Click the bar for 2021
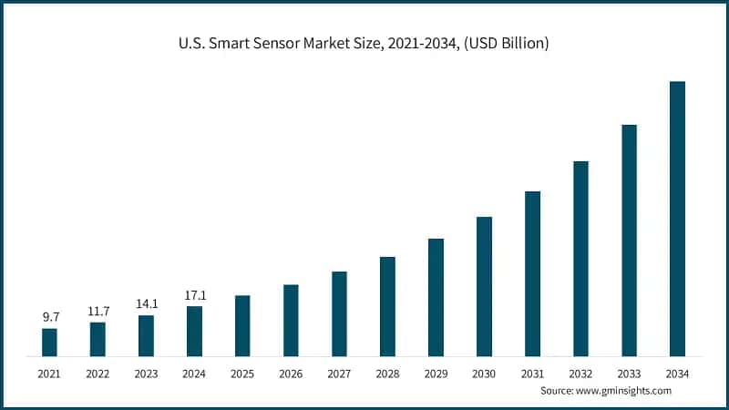click(x=49, y=342)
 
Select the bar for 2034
click(x=677, y=219)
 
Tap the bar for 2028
click(x=387, y=306)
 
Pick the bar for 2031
click(x=532, y=273)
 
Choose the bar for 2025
click(x=242, y=325)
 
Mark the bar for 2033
click(x=629, y=240)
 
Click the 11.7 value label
click(x=98, y=311)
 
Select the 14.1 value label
click(x=146, y=304)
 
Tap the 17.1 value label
click(x=194, y=295)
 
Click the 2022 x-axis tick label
click(x=98, y=374)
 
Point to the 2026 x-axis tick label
click(x=291, y=374)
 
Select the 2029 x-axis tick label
click(x=436, y=374)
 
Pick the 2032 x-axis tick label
click(x=580, y=374)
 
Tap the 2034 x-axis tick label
click(x=677, y=374)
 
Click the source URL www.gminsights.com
click(x=626, y=390)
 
